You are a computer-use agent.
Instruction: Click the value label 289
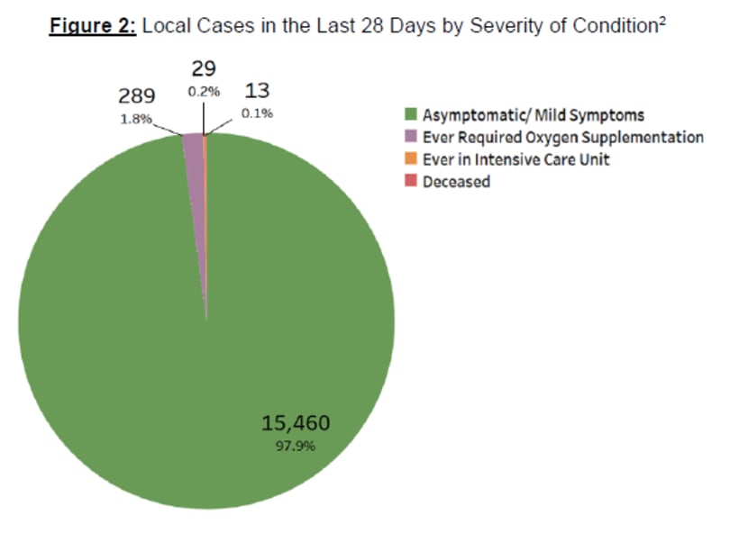point(138,95)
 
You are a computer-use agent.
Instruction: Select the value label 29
point(203,68)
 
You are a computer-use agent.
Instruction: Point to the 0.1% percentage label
point(257,114)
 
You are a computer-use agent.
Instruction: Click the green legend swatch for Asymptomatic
point(410,115)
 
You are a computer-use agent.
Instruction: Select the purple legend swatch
point(410,137)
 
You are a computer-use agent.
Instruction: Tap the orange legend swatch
point(410,159)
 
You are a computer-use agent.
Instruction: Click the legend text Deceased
point(456,182)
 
